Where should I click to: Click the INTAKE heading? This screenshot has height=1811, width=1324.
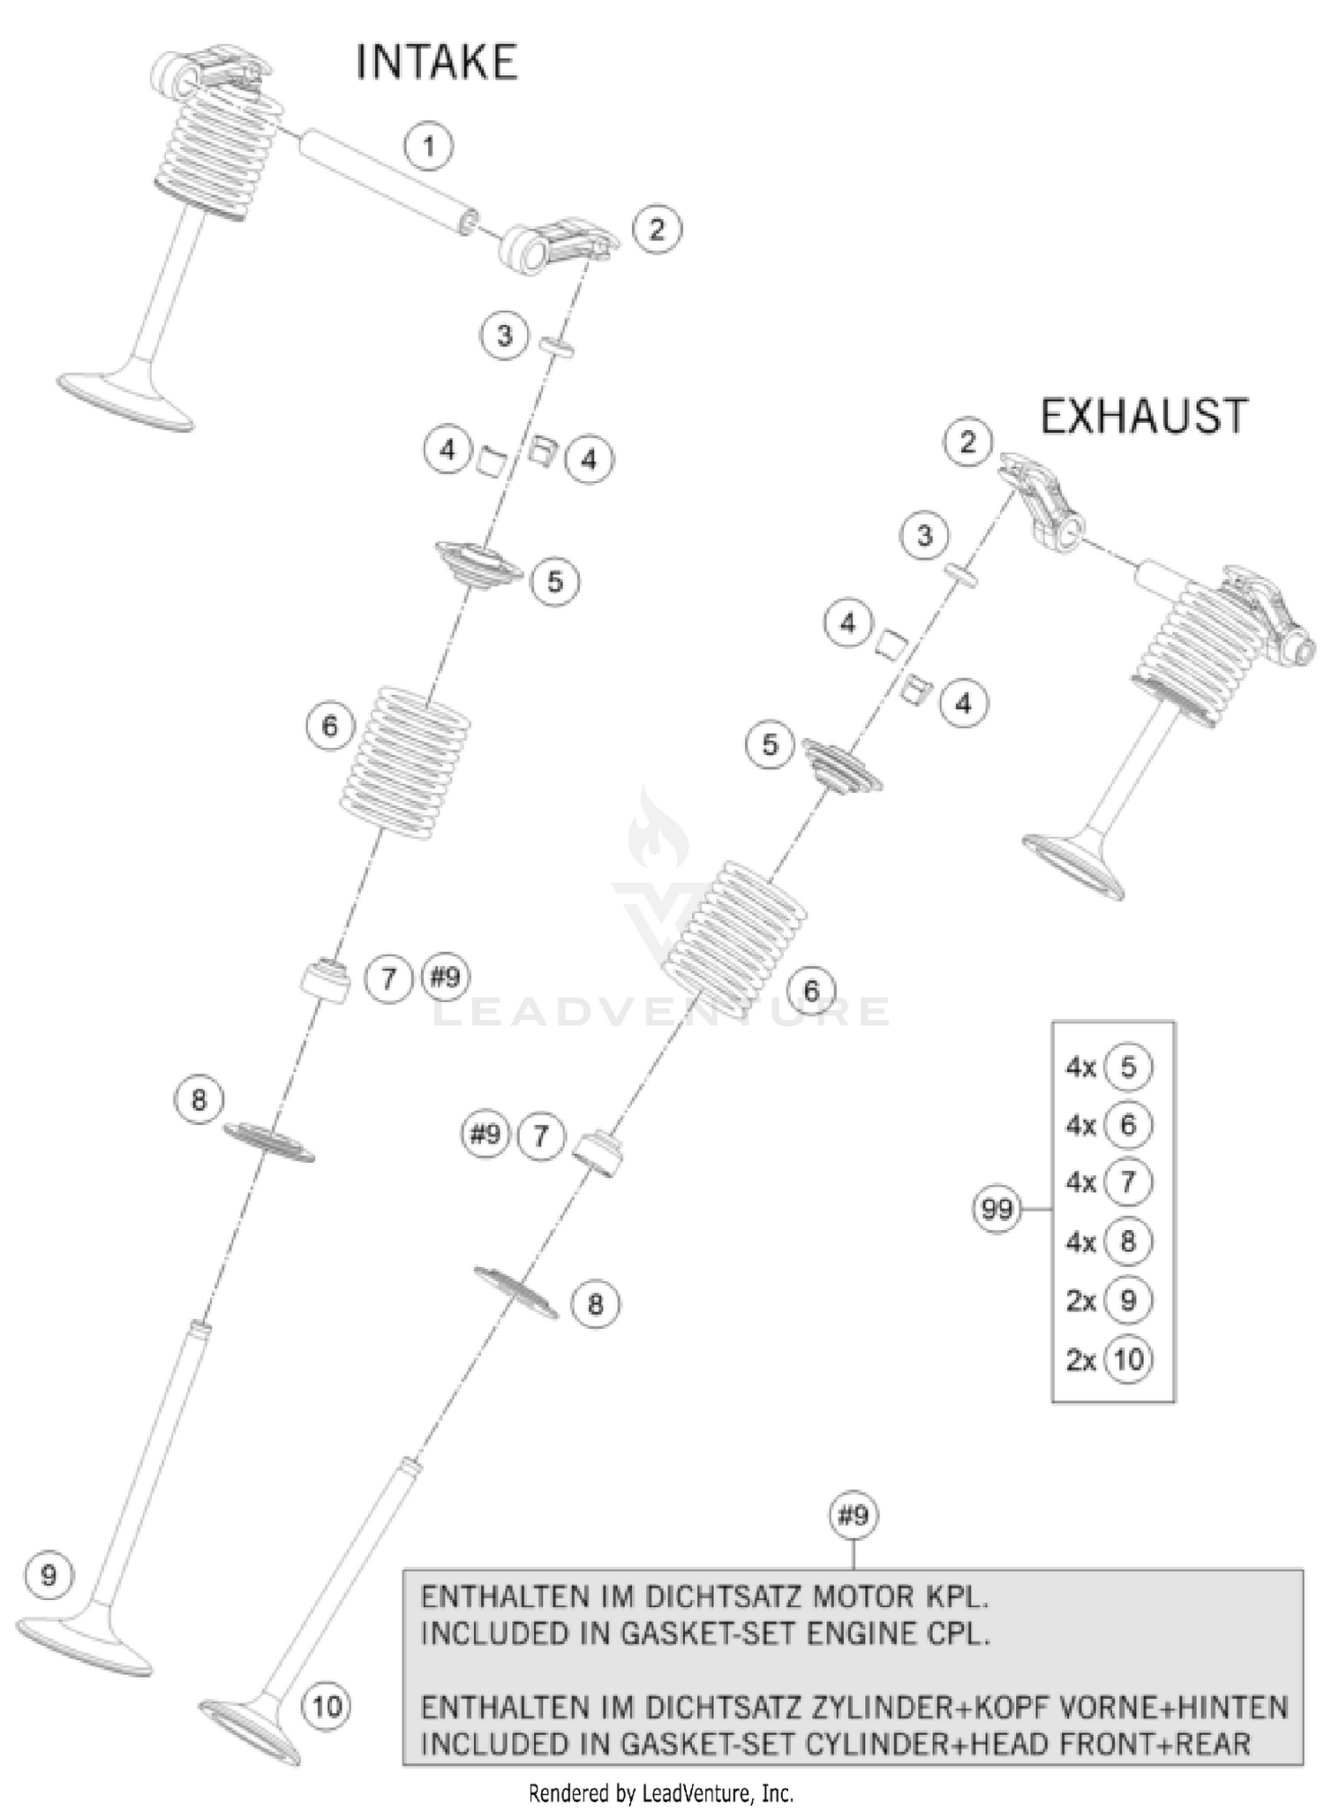(x=436, y=64)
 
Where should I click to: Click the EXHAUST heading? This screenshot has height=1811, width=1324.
(x=1144, y=416)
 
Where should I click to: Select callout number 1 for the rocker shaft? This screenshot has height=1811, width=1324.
(x=429, y=146)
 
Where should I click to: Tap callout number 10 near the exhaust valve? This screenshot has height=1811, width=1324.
(x=326, y=1705)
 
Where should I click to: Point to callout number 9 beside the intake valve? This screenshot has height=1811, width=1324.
(x=49, y=1574)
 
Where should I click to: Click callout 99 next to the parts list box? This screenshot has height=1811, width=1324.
(x=997, y=1208)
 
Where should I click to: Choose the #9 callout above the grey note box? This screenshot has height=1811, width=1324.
(x=853, y=1516)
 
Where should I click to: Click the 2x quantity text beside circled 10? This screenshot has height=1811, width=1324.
(x=1080, y=1360)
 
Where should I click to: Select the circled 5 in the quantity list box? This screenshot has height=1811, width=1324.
(x=1128, y=1068)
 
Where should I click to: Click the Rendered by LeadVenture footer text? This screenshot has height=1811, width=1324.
(x=660, y=1793)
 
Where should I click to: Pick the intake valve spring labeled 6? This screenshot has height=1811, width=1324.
(x=406, y=764)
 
